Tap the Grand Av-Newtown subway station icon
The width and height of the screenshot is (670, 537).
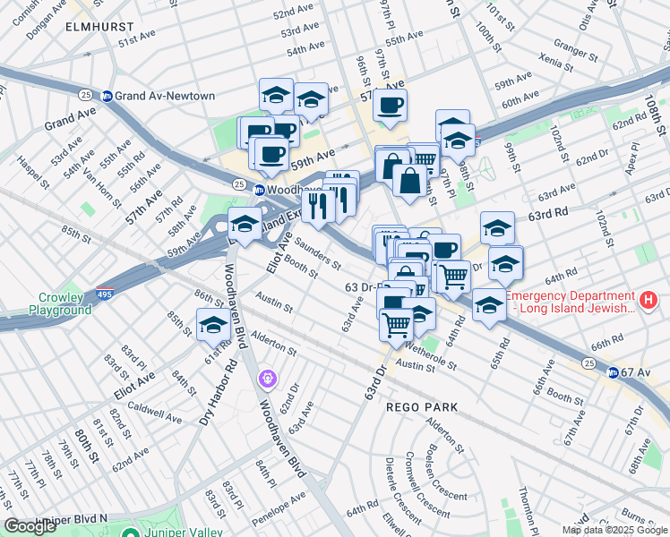click(107, 96)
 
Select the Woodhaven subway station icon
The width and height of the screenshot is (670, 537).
click(259, 190)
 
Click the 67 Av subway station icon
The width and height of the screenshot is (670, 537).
click(613, 372)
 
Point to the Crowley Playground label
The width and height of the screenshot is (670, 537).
click(64, 303)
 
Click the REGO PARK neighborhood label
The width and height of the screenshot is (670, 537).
click(422, 407)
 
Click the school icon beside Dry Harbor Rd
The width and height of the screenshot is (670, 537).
click(214, 326)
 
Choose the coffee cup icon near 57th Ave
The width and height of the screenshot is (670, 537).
click(390, 106)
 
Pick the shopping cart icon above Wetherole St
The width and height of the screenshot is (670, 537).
click(397, 324)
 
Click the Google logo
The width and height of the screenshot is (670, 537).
click(30, 526)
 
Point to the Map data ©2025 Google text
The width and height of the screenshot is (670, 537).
click(614, 530)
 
